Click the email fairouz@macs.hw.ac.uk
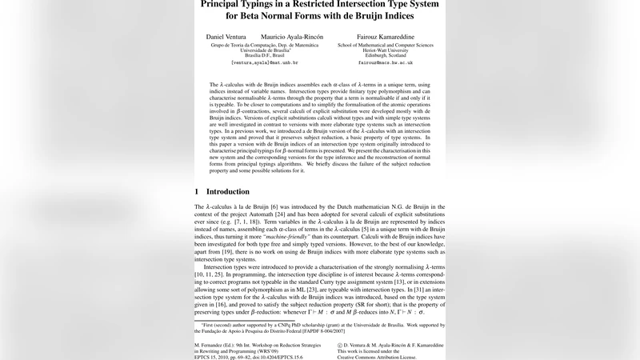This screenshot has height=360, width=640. pos(386,62)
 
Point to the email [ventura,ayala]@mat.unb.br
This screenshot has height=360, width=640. pos(265,62)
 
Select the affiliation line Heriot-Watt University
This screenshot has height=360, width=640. pos(386,50)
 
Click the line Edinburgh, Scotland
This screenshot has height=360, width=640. pos(386,55)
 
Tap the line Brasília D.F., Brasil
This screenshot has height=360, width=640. pos(265,55)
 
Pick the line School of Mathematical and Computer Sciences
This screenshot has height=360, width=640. pos(386,45)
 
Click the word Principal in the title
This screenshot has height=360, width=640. pos(224,3)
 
